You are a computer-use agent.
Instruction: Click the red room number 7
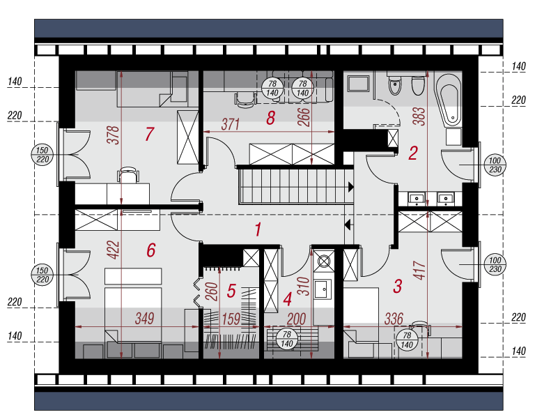(150, 134)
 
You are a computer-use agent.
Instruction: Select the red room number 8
(270, 118)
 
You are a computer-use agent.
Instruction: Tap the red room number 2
(413, 153)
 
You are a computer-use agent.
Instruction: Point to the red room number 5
(231, 291)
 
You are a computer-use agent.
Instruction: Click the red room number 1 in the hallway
(258, 229)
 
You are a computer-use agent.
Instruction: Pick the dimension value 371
(231, 124)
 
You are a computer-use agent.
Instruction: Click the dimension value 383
(420, 116)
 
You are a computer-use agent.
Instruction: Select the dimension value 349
(145, 318)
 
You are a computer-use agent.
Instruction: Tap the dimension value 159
(231, 319)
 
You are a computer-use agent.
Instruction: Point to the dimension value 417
(420, 270)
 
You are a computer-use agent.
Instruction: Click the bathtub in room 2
(448, 99)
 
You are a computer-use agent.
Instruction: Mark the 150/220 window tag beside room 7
(42, 155)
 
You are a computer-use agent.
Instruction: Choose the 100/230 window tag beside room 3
(495, 265)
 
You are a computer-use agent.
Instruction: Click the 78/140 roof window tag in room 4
(287, 339)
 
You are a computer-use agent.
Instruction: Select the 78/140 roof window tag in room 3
(407, 340)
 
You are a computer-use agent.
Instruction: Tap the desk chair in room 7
(128, 174)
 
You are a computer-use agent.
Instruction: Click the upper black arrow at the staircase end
(350, 187)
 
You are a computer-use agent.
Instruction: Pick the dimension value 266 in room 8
(304, 116)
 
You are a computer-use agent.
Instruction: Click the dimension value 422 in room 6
(113, 250)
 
